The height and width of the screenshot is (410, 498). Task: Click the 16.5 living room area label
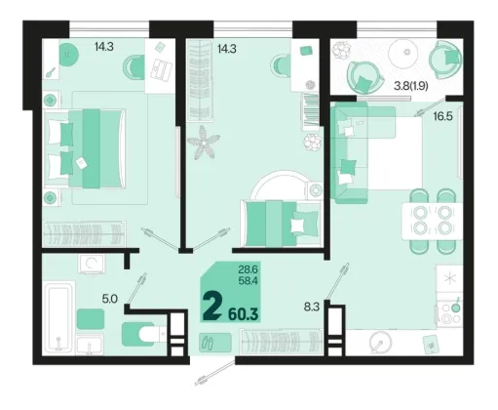click(x=442, y=116)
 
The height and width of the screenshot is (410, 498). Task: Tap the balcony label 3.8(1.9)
click(x=410, y=86)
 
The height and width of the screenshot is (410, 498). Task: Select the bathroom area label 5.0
click(x=110, y=299)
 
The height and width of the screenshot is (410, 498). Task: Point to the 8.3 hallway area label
click(x=312, y=307)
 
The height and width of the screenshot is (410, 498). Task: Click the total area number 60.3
click(x=244, y=314)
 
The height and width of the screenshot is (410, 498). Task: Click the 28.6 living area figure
click(x=248, y=269)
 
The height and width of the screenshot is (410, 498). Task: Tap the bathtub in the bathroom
click(x=58, y=318)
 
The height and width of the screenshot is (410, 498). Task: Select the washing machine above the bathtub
click(x=92, y=264)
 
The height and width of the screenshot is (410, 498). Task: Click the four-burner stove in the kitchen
click(x=449, y=313)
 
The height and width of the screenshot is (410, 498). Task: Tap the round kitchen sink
click(x=381, y=343)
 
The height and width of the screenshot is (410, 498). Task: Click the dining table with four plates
click(x=432, y=221)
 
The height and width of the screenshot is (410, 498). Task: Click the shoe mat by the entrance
click(x=215, y=342)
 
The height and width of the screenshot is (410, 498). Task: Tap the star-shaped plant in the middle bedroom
click(x=204, y=143)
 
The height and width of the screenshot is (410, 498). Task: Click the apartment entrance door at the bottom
click(x=214, y=371)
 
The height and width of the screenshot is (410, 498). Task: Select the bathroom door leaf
click(x=136, y=288)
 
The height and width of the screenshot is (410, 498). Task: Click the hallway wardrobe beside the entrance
click(x=282, y=343)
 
